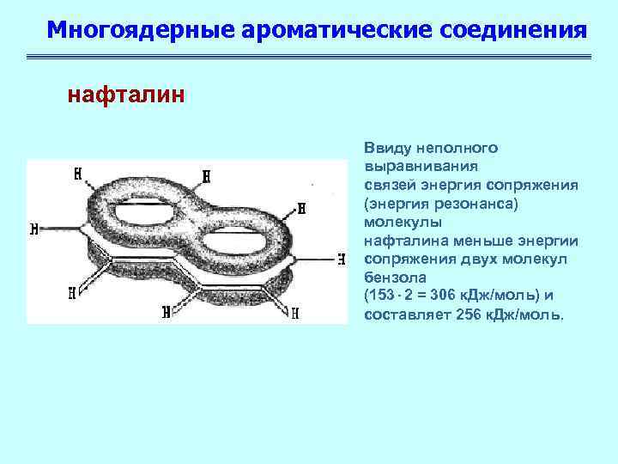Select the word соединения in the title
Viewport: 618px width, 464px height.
tap(513, 30)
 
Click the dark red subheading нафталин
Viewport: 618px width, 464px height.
tap(125, 94)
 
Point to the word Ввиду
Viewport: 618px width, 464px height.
tap(385, 148)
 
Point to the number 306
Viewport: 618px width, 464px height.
tap(447, 296)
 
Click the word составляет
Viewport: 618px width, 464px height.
tap(401, 314)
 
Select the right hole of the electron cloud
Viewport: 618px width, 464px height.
tap(241, 229)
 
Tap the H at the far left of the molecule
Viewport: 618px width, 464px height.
tap(33, 229)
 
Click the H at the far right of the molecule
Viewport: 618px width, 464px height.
tap(341, 258)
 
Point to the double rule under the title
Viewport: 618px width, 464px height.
tap(309, 58)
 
